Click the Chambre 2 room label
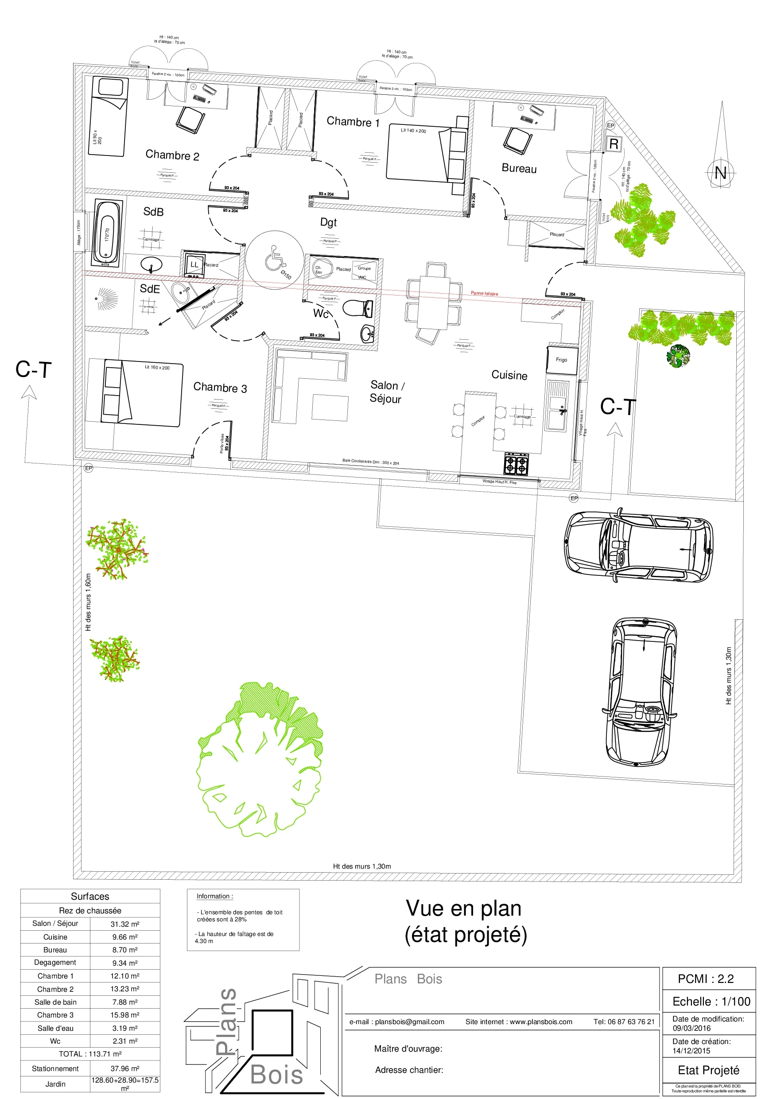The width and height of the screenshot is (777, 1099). (x=172, y=155)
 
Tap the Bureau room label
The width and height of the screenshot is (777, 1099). (x=519, y=168)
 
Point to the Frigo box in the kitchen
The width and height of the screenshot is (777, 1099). (x=562, y=360)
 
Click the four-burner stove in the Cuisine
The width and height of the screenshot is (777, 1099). (x=516, y=463)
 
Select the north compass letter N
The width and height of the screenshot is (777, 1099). (x=720, y=173)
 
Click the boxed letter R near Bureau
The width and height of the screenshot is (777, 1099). (x=614, y=144)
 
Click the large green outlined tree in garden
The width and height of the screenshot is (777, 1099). (x=259, y=761)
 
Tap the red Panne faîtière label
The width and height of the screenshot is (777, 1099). (x=484, y=293)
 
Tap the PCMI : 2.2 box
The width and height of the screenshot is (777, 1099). (x=705, y=979)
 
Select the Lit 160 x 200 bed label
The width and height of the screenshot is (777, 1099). (x=157, y=368)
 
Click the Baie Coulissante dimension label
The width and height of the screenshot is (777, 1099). (x=370, y=462)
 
